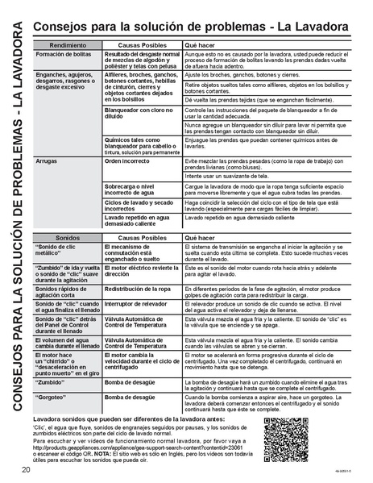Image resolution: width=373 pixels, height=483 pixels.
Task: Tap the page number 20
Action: (27, 470)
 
